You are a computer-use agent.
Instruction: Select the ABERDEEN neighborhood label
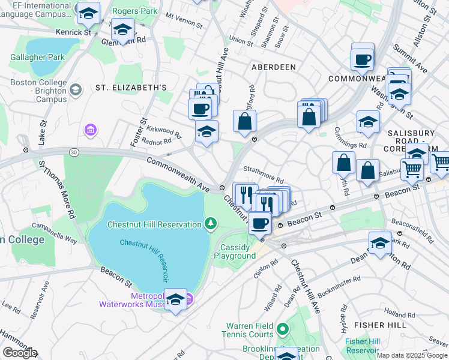tap(274, 67)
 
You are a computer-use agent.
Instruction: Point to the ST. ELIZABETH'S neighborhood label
tap(131, 88)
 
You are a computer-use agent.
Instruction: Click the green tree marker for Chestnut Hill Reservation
tap(210, 224)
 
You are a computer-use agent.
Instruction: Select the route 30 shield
tap(73, 153)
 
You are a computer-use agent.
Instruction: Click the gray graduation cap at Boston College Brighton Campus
tap(75, 90)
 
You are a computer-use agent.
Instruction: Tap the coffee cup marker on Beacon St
tap(259, 223)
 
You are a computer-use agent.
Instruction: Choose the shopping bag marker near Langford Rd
tap(244, 121)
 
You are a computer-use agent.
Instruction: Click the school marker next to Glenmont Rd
tap(122, 29)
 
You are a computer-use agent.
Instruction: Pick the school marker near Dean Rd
tap(379, 243)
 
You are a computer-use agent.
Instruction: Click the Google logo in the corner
tap(20, 353)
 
